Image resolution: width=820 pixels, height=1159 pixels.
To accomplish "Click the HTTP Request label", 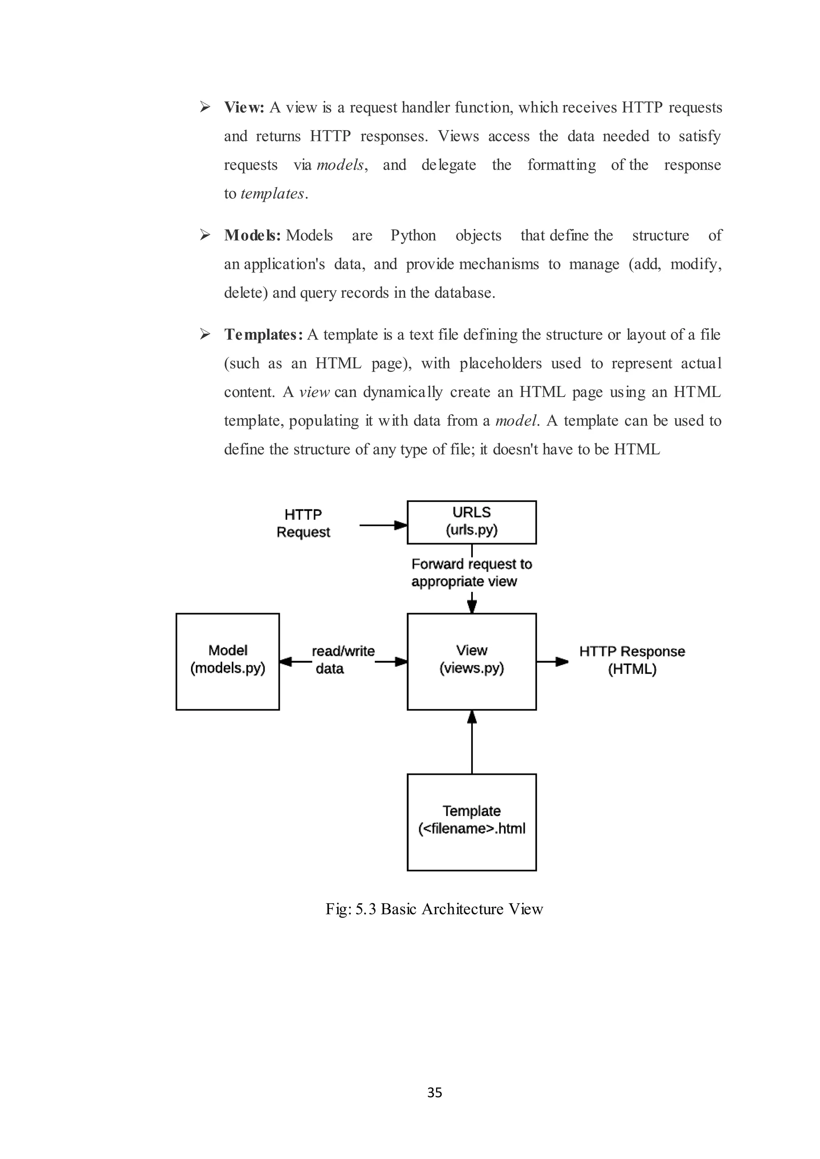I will click(303, 523).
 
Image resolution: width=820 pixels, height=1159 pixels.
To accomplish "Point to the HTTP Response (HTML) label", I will click(632, 660).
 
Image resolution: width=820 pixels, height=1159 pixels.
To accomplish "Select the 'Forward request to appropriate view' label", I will click(471, 572).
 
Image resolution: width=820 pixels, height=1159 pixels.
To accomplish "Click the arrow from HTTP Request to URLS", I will click(383, 525).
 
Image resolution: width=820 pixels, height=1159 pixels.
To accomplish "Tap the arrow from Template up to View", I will click(472, 742).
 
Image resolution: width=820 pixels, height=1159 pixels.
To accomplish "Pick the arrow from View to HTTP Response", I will click(552, 661).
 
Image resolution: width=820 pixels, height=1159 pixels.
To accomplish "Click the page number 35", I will click(434, 1093).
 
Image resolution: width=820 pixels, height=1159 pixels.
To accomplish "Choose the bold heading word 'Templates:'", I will click(263, 334).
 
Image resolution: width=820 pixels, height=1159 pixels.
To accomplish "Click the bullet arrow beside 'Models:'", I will click(205, 235).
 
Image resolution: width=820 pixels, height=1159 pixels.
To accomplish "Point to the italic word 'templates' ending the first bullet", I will click(271, 194).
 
